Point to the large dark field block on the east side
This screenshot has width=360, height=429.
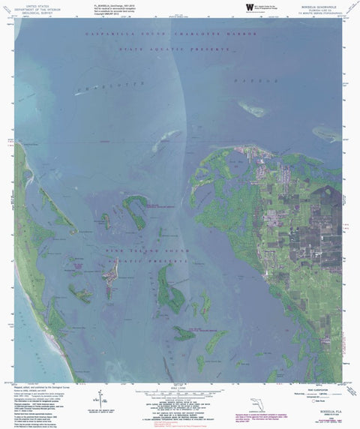click(x=315, y=240)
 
